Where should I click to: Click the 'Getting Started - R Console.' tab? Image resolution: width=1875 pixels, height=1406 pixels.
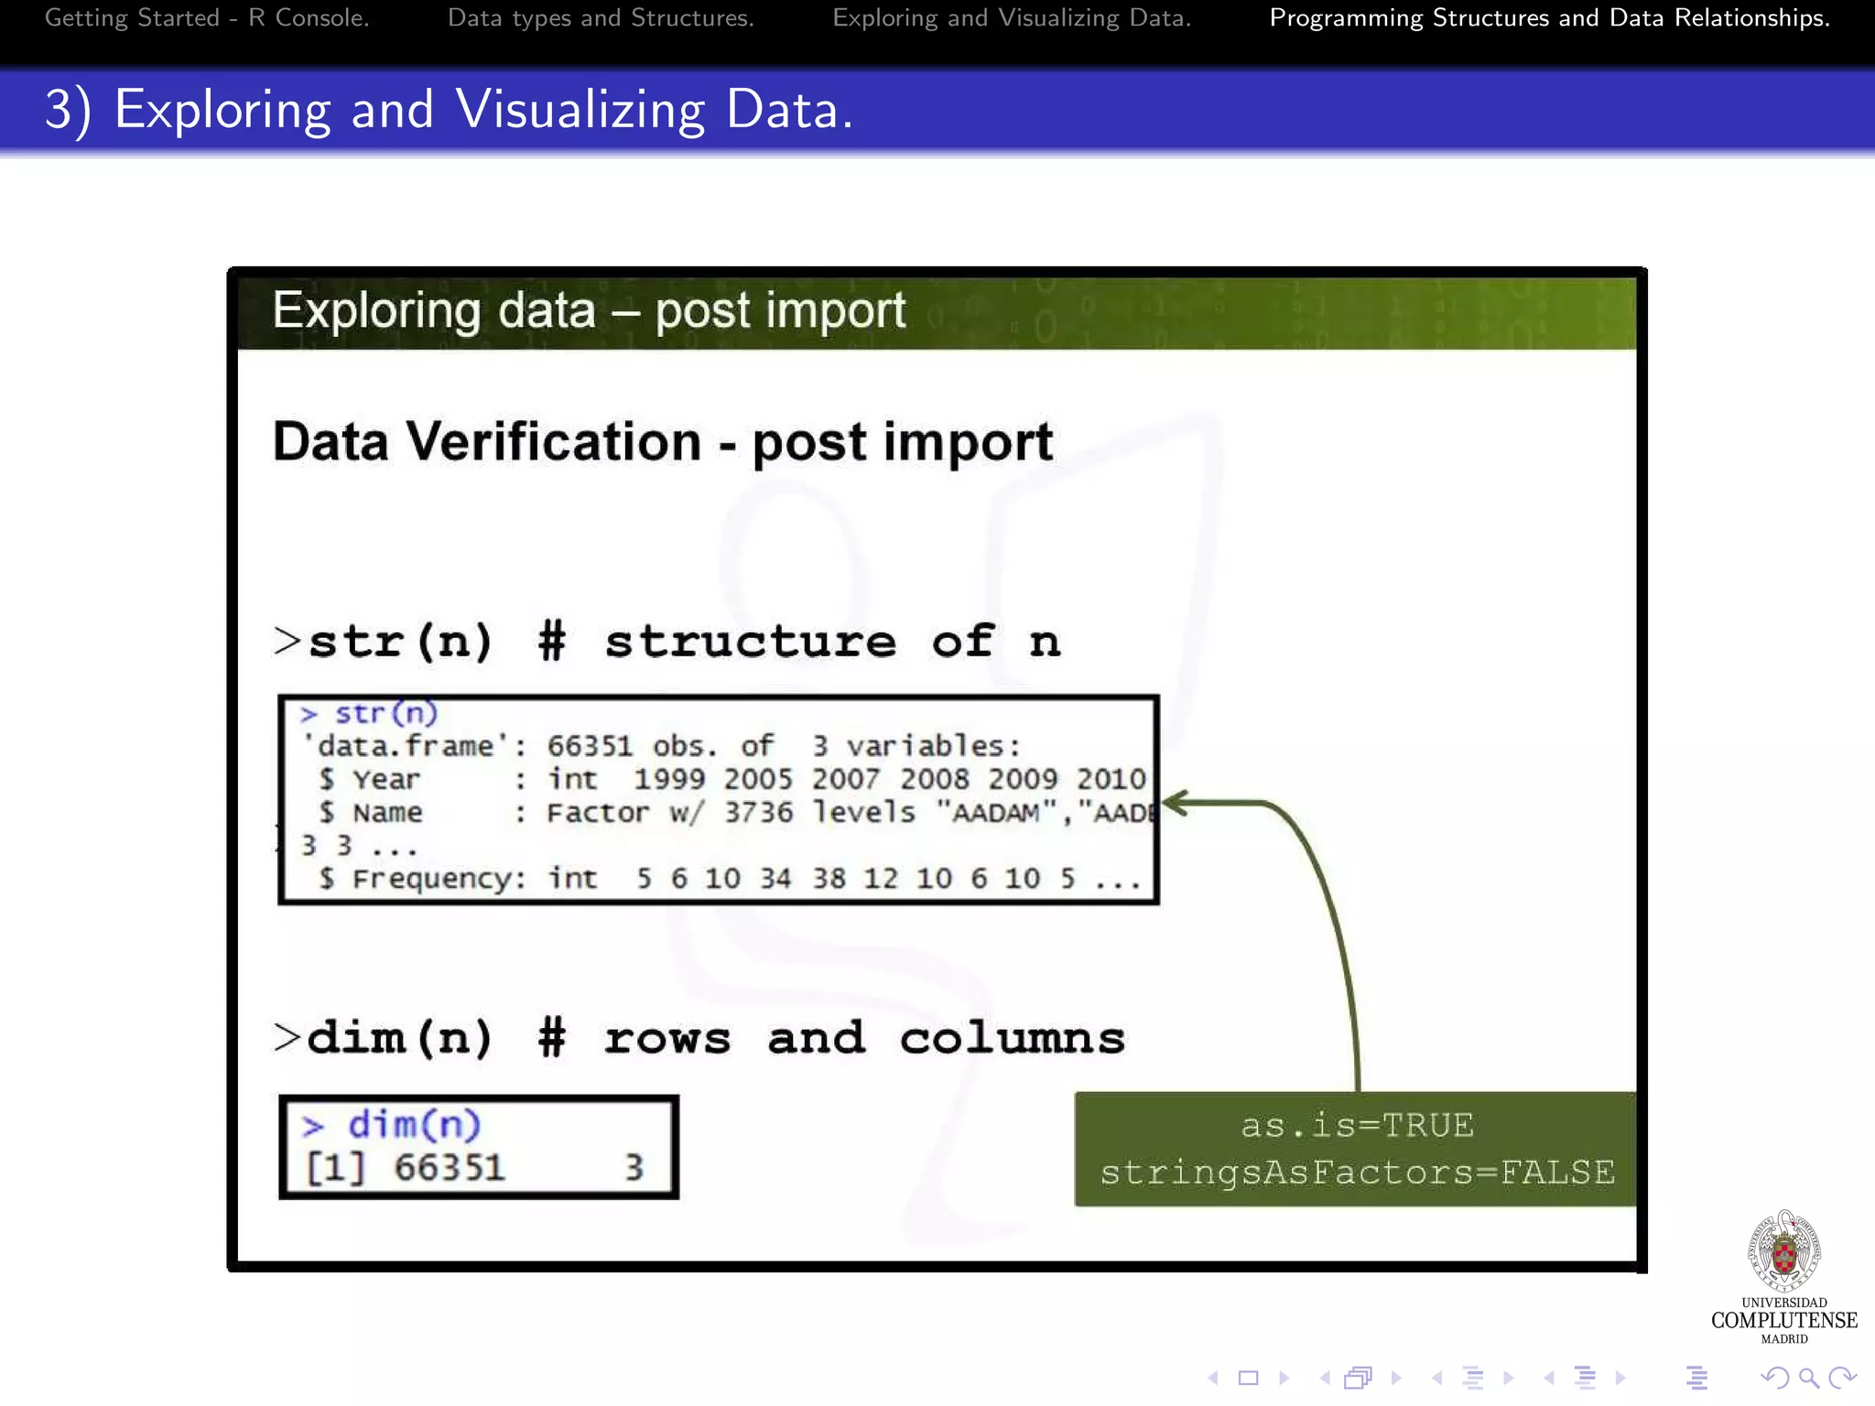click(x=207, y=18)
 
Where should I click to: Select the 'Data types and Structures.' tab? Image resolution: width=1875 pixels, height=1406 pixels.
click(x=601, y=18)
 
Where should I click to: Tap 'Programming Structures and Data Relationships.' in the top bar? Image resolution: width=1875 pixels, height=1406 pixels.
click(x=1549, y=18)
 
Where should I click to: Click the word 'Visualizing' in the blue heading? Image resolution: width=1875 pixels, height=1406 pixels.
click(x=580, y=110)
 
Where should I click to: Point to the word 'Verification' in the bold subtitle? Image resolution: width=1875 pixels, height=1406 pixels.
click(x=553, y=442)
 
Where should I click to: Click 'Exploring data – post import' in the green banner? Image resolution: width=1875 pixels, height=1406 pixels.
click(x=589, y=310)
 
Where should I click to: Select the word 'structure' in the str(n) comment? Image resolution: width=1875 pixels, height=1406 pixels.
click(x=750, y=641)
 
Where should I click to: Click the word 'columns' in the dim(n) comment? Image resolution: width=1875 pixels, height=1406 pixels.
click(x=1012, y=1038)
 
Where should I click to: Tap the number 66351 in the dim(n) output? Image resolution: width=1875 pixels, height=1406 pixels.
click(x=450, y=1168)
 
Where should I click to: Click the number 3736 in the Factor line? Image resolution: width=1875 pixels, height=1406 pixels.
click(x=758, y=812)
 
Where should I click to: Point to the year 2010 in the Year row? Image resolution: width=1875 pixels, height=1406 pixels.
click(x=1111, y=779)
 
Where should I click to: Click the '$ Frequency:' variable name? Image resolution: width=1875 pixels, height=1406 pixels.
click(x=422, y=879)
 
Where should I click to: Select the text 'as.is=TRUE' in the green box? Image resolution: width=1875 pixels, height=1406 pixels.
click(x=1357, y=1125)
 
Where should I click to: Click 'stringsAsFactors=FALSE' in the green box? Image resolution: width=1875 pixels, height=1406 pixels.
click(x=1357, y=1173)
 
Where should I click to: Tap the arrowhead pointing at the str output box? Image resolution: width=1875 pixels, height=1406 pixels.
click(x=1176, y=804)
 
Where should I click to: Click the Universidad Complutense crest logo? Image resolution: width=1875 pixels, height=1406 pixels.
click(x=1783, y=1251)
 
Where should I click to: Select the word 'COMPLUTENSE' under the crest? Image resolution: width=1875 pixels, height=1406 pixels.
click(x=1783, y=1320)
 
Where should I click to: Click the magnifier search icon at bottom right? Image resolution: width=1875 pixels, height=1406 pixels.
click(x=1808, y=1378)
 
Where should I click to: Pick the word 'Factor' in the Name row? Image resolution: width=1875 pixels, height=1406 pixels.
click(x=597, y=812)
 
